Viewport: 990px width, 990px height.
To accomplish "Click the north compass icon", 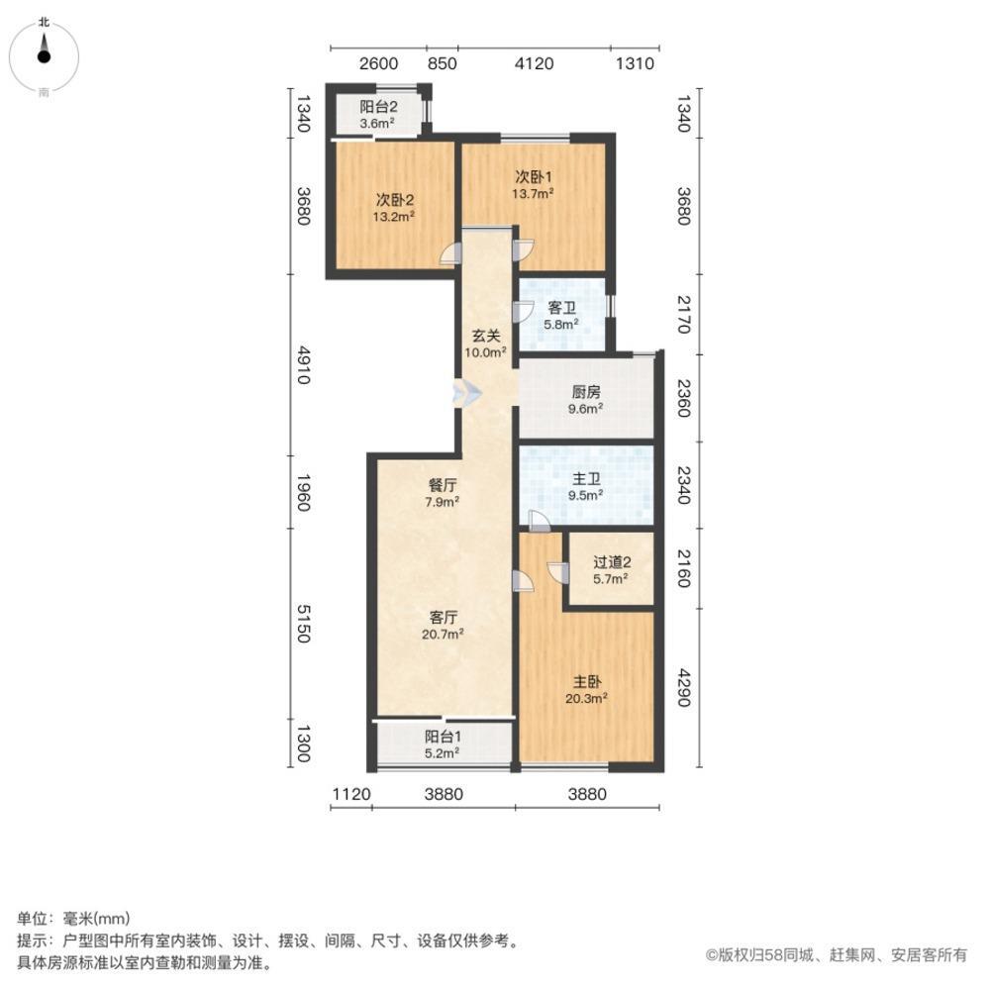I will click(x=44, y=55).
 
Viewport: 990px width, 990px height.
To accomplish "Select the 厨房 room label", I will click(x=586, y=390).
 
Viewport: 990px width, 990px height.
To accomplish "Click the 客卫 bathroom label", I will click(x=562, y=308).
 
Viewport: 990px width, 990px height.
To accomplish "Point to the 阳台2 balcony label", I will click(x=377, y=108).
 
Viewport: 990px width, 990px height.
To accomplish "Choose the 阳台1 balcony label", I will click(x=443, y=737).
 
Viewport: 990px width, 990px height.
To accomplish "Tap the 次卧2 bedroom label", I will click(x=393, y=197).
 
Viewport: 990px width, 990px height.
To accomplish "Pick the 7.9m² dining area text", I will click(x=442, y=502).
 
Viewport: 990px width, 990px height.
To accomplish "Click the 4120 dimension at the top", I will click(x=534, y=64).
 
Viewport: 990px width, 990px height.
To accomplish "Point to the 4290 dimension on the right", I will click(x=682, y=688).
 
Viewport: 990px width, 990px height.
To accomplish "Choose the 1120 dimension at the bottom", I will click(x=350, y=793).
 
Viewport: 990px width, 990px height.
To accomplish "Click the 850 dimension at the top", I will click(x=442, y=64).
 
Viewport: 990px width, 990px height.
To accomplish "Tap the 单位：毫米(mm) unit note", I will click(x=74, y=919).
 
